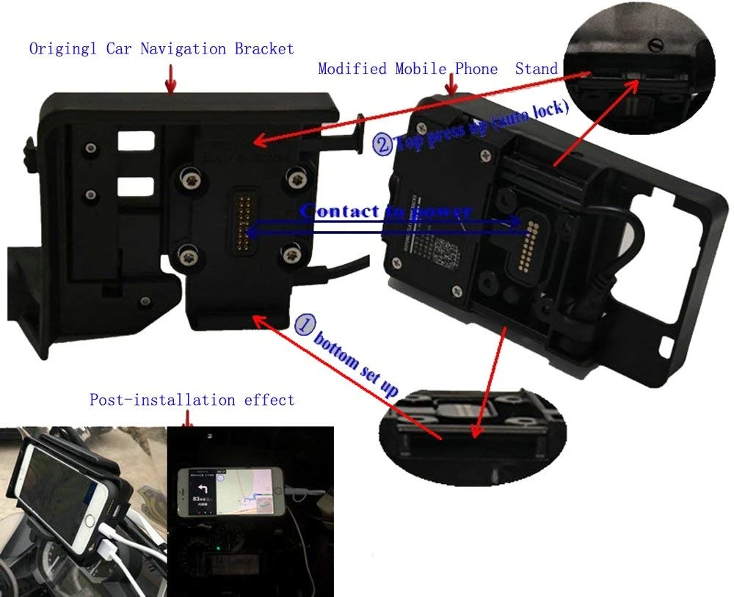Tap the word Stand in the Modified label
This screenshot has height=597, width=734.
[x=536, y=69]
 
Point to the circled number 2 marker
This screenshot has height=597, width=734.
[x=382, y=144]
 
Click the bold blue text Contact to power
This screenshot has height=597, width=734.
[x=385, y=212]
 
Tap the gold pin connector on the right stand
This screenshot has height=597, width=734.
[x=526, y=242]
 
